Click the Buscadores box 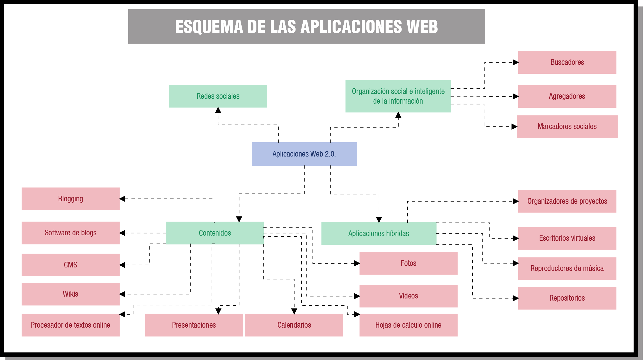(567, 62)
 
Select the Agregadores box (567, 96)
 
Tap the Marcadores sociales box (567, 127)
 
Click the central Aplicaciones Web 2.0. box (304, 154)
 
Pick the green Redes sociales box (218, 96)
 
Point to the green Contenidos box (215, 233)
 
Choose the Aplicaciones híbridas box (378, 234)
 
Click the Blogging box (70, 199)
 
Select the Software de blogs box (70, 233)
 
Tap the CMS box (70, 265)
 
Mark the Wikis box (70, 294)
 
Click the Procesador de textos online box (70, 325)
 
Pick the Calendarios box (294, 325)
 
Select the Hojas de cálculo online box (408, 325)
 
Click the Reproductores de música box (567, 269)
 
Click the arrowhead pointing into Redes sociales (218, 110)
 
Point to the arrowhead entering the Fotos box (357, 263)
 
